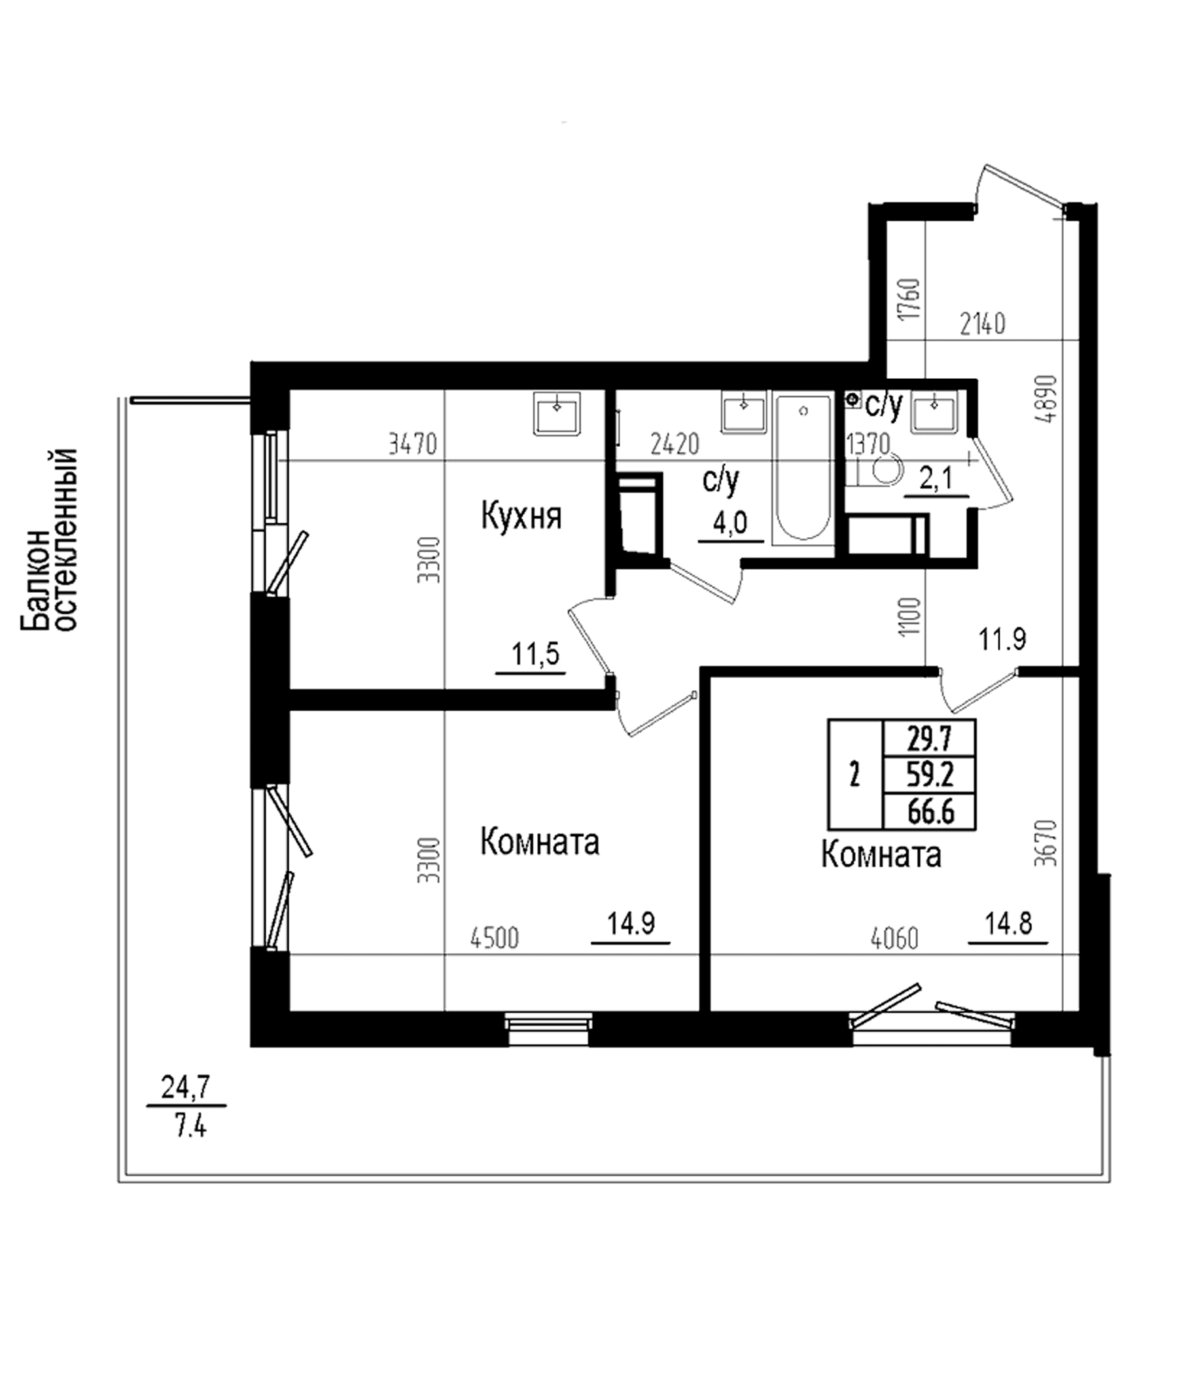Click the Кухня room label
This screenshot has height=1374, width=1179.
(x=521, y=517)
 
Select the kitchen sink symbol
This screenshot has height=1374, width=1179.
(x=557, y=414)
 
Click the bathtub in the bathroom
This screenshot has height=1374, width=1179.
(x=803, y=468)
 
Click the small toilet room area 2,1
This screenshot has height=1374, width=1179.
(x=936, y=478)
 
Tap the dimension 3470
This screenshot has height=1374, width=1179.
(x=412, y=444)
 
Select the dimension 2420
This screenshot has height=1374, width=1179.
(x=675, y=444)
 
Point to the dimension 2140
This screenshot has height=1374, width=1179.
(x=982, y=324)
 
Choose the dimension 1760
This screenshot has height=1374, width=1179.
(x=912, y=300)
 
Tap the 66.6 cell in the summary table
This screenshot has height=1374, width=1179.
(x=930, y=812)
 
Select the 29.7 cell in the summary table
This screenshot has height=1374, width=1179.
(x=930, y=736)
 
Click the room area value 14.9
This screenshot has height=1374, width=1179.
(x=631, y=923)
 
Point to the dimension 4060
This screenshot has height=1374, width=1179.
(x=894, y=938)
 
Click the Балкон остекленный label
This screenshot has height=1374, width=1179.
(x=50, y=540)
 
